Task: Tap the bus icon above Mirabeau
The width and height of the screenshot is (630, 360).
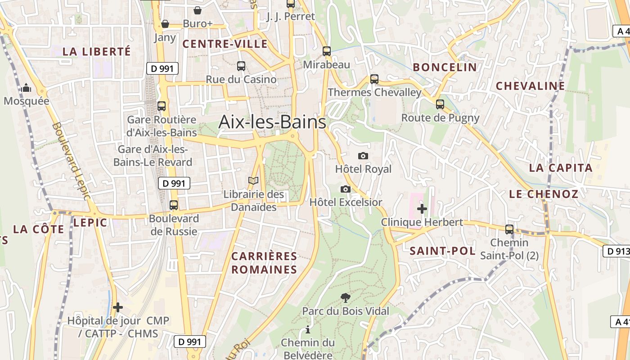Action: tap(327, 51)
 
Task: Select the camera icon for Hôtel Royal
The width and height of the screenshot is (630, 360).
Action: tap(363, 156)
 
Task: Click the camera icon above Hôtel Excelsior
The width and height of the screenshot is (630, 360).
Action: tap(346, 189)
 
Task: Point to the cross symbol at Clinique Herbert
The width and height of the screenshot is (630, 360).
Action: tap(422, 209)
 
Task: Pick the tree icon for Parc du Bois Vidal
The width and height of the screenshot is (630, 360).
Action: tap(346, 297)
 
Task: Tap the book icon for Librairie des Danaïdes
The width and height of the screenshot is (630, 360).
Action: tap(254, 181)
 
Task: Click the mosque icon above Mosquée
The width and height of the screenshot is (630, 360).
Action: tap(26, 88)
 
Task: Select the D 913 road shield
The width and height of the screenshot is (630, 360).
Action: tap(616, 251)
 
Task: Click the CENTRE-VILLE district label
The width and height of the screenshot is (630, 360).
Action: tap(225, 44)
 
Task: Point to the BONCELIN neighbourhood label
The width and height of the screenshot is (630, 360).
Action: tap(445, 67)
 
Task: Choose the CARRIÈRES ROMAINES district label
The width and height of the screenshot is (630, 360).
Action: tap(264, 263)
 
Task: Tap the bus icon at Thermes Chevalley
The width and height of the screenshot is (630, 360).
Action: tap(374, 79)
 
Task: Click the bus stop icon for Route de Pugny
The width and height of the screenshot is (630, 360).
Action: tap(440, 104)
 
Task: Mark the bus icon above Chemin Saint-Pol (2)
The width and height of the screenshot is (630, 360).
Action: tap(509, 229)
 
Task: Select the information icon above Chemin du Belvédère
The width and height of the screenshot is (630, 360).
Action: tap(308, 329)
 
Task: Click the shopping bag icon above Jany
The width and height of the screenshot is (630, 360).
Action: tap(165, 23)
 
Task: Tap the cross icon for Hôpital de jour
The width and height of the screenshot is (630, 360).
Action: tap(118, 307)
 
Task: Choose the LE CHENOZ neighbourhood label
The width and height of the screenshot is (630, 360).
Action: tap(544, 194)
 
